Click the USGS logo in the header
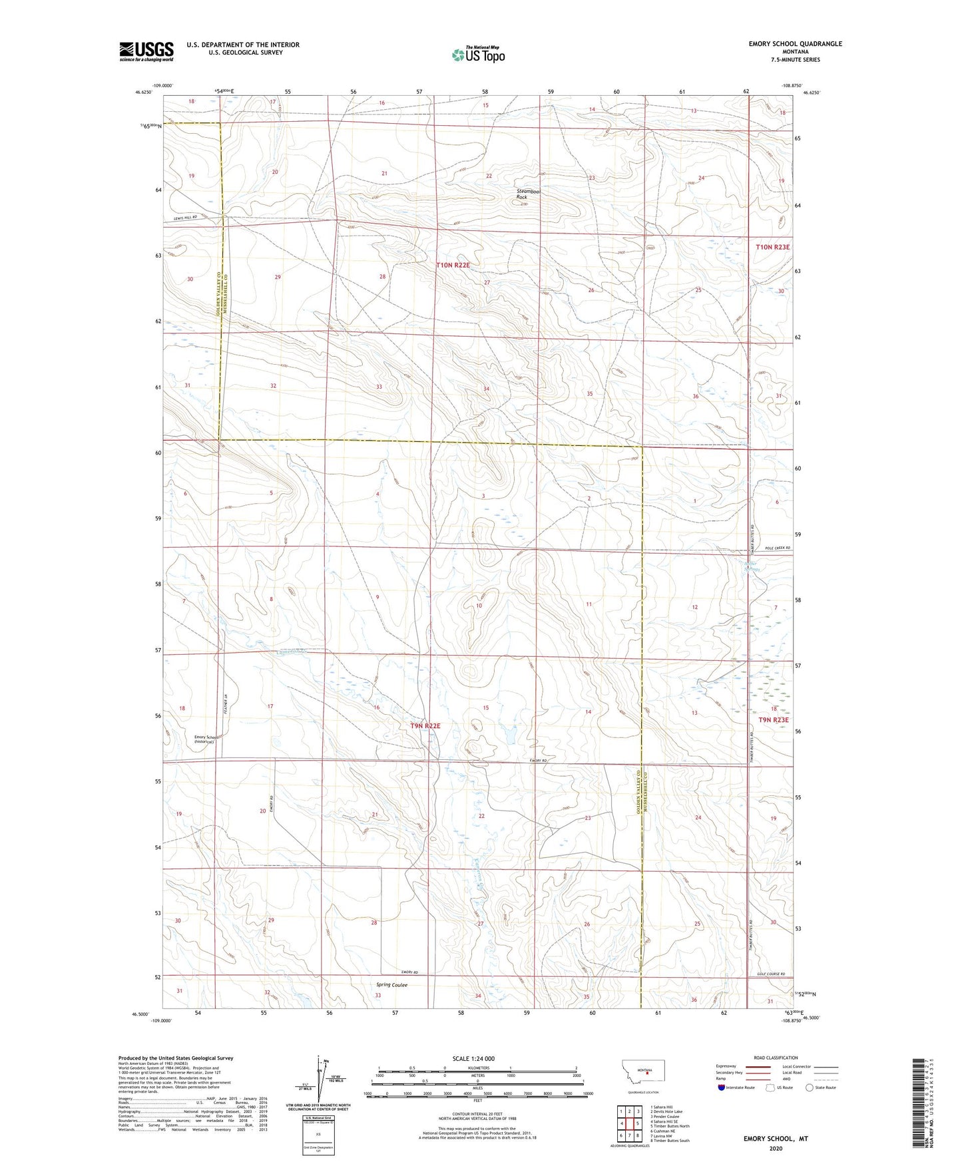(x=146, y=51)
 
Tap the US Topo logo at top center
(x=478, y=54)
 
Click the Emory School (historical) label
(x=205, y=739)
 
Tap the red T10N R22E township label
(x=453, y=265)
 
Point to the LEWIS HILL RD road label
(x=180, y=217)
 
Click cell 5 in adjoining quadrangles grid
(x=637, y=1123)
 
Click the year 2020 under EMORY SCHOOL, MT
(x=776, y=1148)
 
